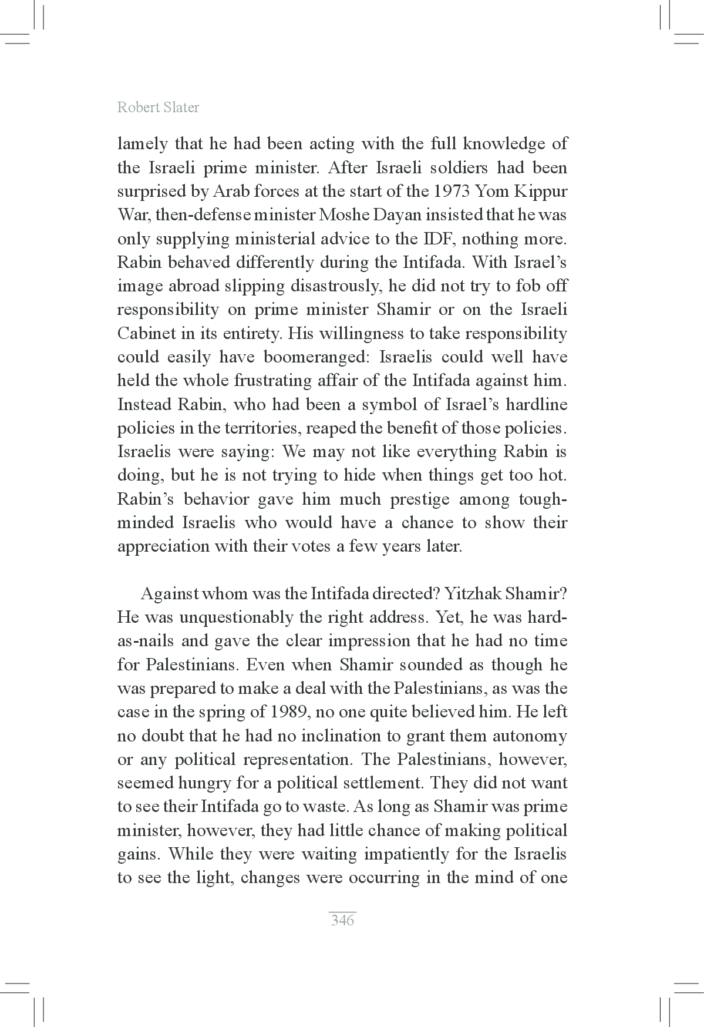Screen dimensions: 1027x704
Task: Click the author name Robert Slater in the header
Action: [158, 108]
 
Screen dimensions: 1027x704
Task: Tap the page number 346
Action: [342, 920]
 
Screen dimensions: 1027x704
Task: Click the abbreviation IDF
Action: [421, 239]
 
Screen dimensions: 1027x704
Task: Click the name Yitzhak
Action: [473, 593]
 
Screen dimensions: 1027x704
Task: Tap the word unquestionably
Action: [235, 617]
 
